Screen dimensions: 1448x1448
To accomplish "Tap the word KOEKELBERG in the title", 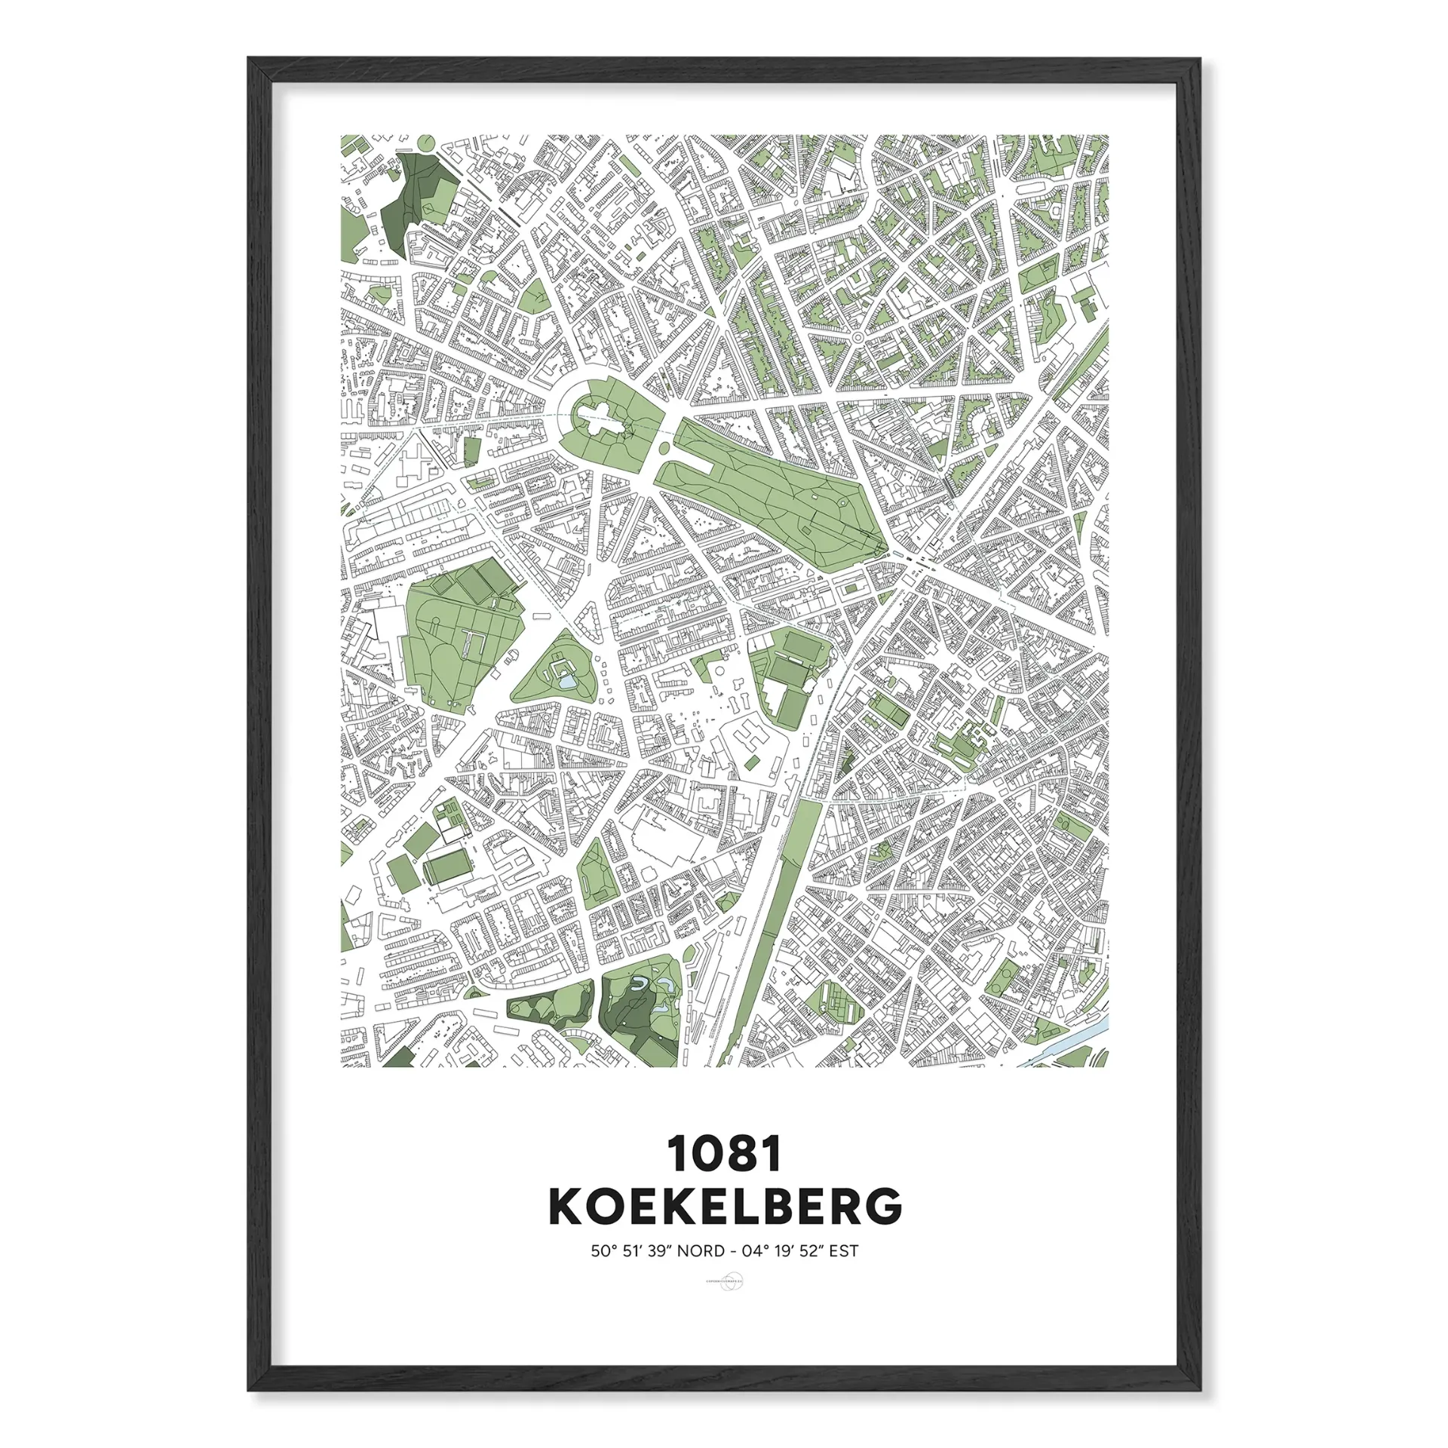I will click(x=724, y=1207).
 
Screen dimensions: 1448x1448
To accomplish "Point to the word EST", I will click(x=843, y=1251).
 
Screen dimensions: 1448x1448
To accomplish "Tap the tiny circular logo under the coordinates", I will click(x=724, y=1281).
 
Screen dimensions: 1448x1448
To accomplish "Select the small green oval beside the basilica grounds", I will click(x=664, y=449).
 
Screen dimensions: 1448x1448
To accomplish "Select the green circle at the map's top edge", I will click(x=425, y=141).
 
